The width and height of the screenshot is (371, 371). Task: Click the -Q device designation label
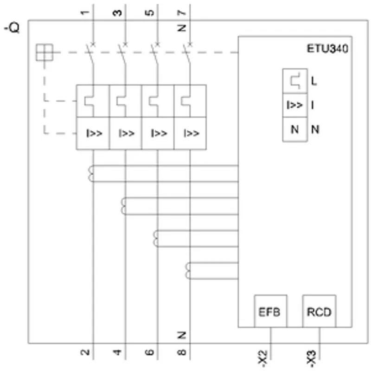tap(12, 28)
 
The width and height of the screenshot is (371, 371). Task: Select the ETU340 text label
tap(327, 49)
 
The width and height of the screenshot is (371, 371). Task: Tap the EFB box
tap(270, 311)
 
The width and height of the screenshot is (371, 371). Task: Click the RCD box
tap(319, 311)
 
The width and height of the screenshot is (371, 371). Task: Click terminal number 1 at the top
tap(85, 13)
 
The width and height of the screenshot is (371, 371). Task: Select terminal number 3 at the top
tap(117, 13)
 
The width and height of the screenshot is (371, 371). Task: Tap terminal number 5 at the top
tap(149, 13)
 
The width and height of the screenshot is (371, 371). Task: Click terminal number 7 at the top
tap(182, 13)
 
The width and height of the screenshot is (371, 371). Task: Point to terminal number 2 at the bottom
tap(85, 352)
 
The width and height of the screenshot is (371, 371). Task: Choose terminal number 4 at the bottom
tap(117, 352)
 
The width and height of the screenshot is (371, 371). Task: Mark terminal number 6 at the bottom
tap(149, 352)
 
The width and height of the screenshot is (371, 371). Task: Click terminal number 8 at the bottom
tap(182, 352)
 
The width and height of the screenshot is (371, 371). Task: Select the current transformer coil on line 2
tap(90, 174)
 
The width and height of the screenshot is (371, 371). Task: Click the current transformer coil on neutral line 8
tap(188, 271)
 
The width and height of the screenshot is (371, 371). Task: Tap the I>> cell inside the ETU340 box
tap(295, 105)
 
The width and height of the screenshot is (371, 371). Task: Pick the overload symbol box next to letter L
tap(295, 81)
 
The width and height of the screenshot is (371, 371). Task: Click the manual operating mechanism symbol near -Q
tap(44, 52)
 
